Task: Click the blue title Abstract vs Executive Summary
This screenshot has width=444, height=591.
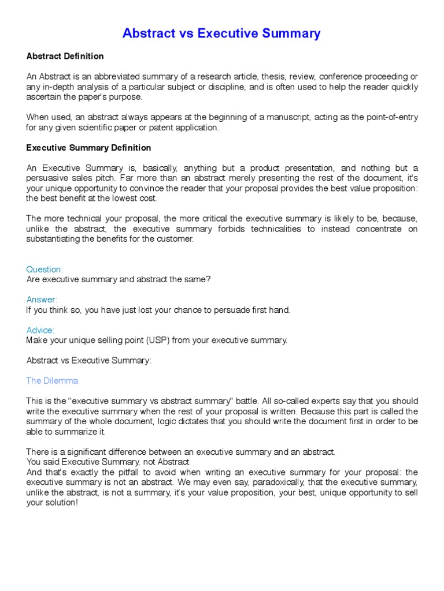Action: (x=221, y=33)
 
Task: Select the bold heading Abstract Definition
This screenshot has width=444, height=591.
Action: (x=65, y=56)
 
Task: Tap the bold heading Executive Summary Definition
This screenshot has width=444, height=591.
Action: (x=88, y=148)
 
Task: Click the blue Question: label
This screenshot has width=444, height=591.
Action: (x=45, y=269)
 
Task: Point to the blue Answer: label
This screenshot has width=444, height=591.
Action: (x=42, y=300)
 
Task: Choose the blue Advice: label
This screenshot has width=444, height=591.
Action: (x=40, y=330)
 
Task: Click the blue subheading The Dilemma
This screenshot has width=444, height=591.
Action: (x=52, y=381)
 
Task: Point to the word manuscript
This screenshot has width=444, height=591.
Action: (x=284, y=117)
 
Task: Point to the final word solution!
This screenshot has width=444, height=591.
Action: (x=60, y=502)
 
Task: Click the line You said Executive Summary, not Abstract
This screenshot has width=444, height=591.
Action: (x=108, y=462)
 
